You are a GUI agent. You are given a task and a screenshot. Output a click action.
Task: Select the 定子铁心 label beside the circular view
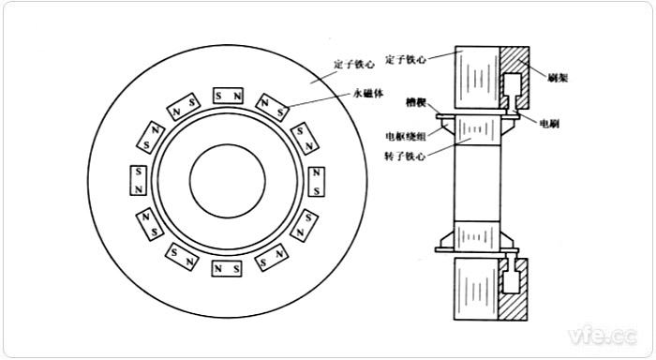pos(353,65)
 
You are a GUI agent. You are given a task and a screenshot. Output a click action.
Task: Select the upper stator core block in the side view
pos(476,76)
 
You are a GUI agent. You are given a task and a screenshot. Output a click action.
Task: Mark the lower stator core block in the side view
pos(476,288)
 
